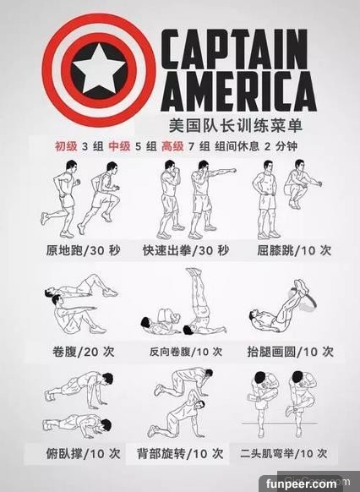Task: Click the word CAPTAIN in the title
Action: (x=234, y=49)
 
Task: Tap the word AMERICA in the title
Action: (x=238, y=91)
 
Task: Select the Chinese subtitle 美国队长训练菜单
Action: (x=236, y=126)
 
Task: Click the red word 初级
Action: (x=66, y=146)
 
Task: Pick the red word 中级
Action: (x=119, y=146)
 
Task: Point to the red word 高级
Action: (x=172, y=146)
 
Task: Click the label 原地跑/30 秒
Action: (x=83, y=250)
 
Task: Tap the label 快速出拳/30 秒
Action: (x=186, y=250)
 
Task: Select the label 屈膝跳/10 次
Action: (x=294, y=250)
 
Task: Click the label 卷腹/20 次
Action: (x=84, y=352)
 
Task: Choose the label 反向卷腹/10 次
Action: (x=186, y=352)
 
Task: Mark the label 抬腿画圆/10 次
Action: (x=291, y=352)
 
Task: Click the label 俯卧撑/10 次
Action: (x=83, y=454)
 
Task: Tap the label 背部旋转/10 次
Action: (x=180, y=454)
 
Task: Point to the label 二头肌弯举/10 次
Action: (x=284, y=453)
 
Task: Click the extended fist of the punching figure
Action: (x=232, y=171)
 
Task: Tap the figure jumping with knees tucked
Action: (x=301, y=184)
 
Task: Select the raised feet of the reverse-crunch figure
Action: (x=194, y=271)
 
